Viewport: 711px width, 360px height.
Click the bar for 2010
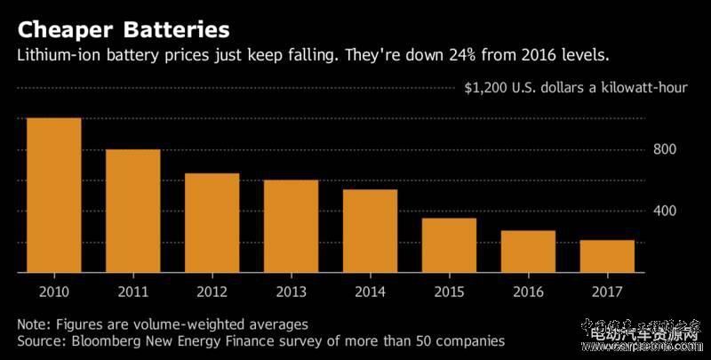(53, 196)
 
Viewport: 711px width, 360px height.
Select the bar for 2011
(132, 212)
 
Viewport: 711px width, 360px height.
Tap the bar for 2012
(212, 223)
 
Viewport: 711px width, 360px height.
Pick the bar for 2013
(291, 227)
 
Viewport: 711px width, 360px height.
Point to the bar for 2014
(370, 231)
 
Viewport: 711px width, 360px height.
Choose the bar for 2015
(449, 245)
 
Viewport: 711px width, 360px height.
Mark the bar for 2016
(528, 252)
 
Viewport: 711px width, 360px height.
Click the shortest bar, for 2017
(607, 257)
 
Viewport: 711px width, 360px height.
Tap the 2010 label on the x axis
(53, 291)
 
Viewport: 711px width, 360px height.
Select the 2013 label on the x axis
(291, 291)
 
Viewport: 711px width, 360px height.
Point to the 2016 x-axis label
(528, 291)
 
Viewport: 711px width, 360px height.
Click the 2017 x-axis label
(607, 291)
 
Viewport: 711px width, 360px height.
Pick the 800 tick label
(665, 149)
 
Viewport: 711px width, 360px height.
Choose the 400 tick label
(665, 212)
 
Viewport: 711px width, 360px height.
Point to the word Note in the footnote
(32, 324)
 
